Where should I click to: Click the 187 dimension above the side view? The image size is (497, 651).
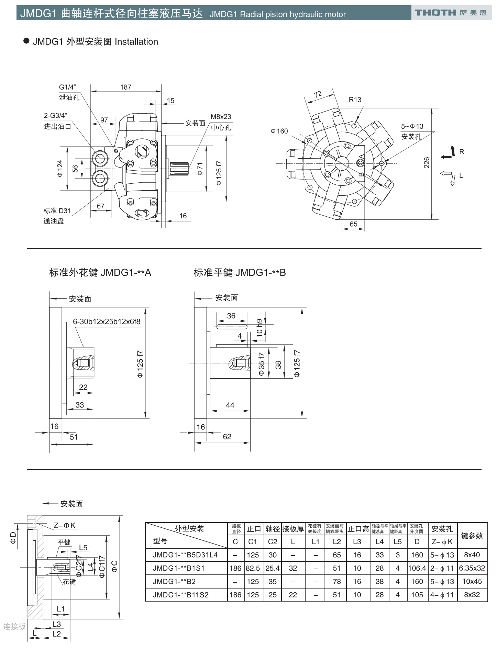pyautogui.click(x=125, y=87)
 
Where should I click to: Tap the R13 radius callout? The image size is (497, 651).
pyautogui.click(x=355, y=100)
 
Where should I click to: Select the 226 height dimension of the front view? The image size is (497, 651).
pyautogui.click(x=427, y=163)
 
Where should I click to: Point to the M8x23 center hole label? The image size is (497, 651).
pyautogui.click(x=221, y=117)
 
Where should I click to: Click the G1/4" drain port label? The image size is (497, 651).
pyautogui.click(x=67, y=87)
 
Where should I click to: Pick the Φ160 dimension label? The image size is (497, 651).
pyautogui.click(x=279, y=131)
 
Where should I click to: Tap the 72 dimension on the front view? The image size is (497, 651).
pyautogui.click(x=318, y=94)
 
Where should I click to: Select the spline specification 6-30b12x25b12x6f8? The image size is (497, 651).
pyautogui.click(x=107, y=322)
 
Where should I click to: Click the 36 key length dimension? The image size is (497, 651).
pyautogui.click(x=231, y=316)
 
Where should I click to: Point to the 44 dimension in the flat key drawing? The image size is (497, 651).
pyautogui.click(x=230, y=405)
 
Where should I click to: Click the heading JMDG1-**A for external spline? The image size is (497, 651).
pyautogui.click(x=100, y=273)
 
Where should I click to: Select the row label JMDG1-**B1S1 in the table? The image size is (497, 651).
pyautogui.click(x=179, y=568)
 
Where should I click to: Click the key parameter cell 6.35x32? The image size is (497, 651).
pyautogui.click(x=472, y=568)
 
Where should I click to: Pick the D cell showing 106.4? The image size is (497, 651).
pyautogui.click(x=417, y=568)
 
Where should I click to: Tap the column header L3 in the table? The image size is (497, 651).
pyautogui.click(x=357, y=542)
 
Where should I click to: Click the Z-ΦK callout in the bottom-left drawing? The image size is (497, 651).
pyautogui.click(x=64, y=525)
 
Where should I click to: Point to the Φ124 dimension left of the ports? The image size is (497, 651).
pyautogui.click(x=60, y=168)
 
